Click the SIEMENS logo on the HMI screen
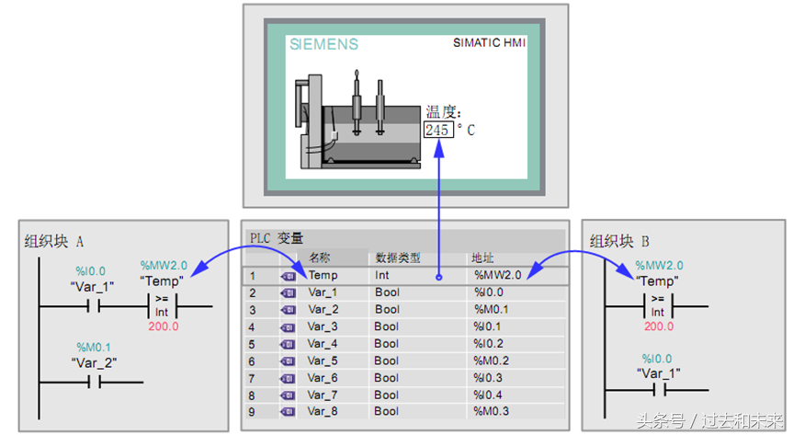(323, 44)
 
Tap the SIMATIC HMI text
(489, 42)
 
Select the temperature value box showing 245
(438, 130)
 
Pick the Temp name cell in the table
(323, 275)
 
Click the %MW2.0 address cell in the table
(498, 275)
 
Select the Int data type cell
(382, 275)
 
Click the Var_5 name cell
(323, 361)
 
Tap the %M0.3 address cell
(491, 411)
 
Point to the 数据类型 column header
(398, 258)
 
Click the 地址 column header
(482, 258)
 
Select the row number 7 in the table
(252, 378)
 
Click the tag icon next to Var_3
(288, 327)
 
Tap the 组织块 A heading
(54, 241)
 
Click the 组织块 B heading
(619, 241)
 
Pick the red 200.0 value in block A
(164, 326)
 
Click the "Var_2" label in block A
(94, 362)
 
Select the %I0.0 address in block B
(657, 359)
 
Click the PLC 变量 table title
(277, 237)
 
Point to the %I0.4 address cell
(488, 395)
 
